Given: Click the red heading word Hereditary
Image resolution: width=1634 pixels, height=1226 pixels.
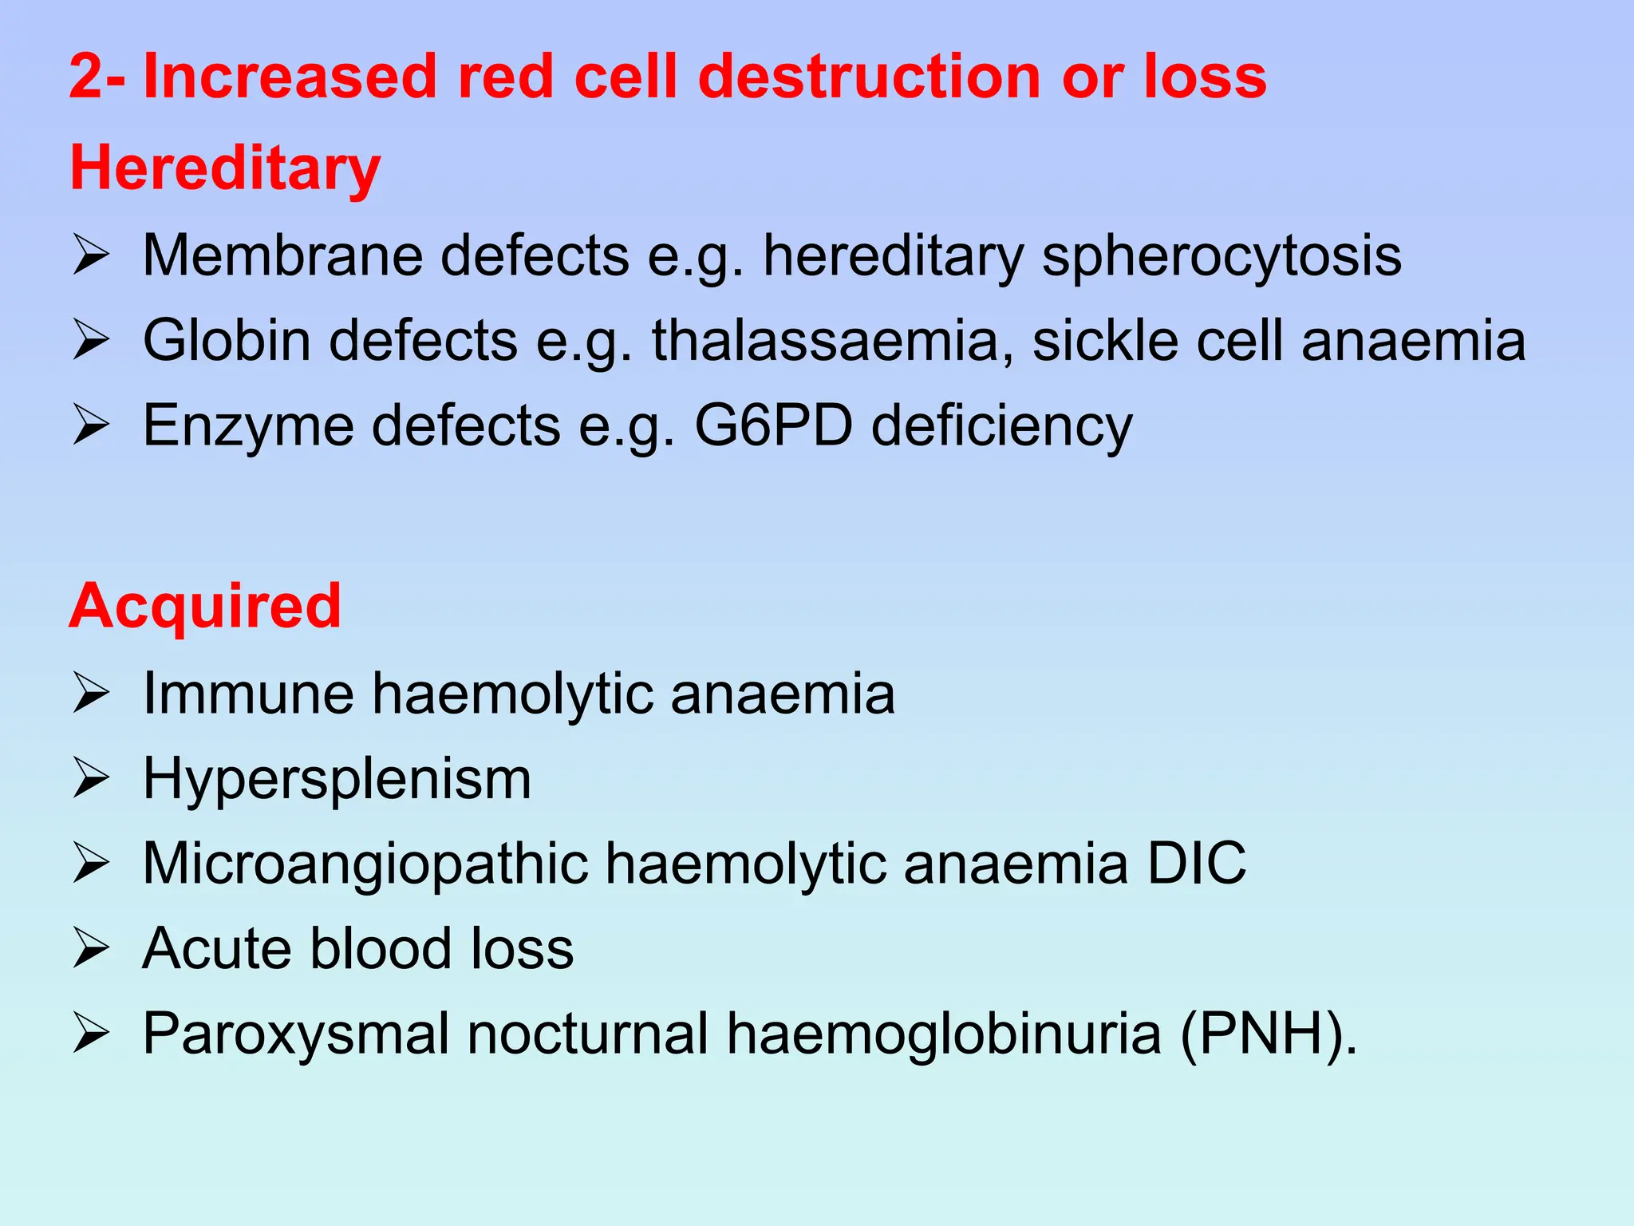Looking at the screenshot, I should click(225, 169).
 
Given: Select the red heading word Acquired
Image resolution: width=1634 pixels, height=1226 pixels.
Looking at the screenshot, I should click(205, 606).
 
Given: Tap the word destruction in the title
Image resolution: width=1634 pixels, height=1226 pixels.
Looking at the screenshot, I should click(870, 77).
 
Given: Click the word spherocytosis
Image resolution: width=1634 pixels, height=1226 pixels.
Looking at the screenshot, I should click(1222, 257).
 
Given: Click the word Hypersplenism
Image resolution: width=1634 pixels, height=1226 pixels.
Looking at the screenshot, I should click(337, 779).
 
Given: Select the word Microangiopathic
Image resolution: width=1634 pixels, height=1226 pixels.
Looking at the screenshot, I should click(365, 864).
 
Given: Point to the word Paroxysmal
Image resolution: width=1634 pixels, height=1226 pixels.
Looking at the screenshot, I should click(295, 1034).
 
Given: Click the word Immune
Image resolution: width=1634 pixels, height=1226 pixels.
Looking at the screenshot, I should click(247, 693).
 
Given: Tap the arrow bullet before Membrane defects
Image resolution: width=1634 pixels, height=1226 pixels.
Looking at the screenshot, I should click(90, 255).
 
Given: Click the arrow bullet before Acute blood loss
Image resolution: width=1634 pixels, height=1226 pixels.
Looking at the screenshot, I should click(90, 948).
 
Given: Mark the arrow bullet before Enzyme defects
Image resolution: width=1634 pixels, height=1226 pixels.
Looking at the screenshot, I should click(90, 425).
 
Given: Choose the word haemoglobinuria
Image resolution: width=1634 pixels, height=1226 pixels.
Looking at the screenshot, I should click(943, 1034).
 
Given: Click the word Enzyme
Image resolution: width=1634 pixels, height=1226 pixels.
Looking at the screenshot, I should click(247, 425).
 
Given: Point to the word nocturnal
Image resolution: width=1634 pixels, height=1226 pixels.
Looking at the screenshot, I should click(587, 1034).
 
